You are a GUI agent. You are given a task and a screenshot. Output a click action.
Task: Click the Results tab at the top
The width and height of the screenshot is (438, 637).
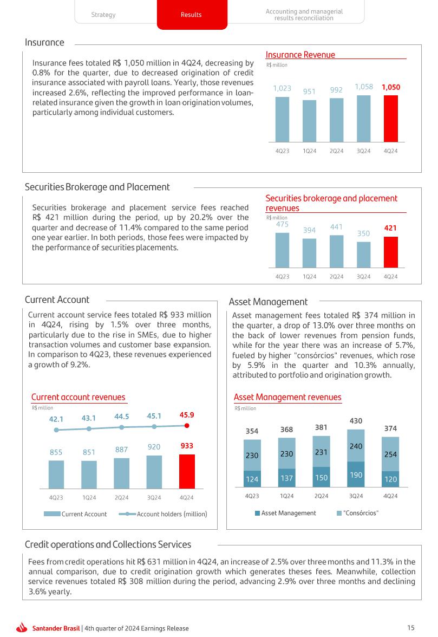pos(191,15)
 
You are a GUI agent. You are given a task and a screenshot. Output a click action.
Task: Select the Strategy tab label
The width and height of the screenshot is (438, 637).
pos(103,15)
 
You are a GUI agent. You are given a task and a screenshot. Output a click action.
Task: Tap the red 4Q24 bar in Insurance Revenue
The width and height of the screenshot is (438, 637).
pos(390,118)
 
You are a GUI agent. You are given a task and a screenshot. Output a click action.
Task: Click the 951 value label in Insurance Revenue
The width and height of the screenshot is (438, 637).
pos(309,92)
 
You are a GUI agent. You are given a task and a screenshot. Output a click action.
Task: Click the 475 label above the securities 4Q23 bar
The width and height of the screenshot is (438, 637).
pos(282,224)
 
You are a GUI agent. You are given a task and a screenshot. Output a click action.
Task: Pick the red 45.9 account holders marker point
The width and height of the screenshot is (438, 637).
pos(187,426)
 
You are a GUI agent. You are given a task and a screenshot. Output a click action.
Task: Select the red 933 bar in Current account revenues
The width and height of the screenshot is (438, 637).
pos(187,471)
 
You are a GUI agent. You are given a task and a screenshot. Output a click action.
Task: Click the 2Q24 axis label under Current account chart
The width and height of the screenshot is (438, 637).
pos(121,497)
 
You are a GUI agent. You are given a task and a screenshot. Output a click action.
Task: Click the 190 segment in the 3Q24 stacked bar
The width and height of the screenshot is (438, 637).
pos(356,475)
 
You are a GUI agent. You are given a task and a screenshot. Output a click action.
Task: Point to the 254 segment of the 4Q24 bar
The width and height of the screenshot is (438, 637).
pos(390,454)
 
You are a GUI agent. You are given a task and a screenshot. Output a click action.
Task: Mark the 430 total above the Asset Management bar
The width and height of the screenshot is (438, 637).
pos(356,420)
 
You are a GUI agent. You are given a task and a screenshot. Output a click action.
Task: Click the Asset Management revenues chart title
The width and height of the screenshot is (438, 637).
pos(287,397)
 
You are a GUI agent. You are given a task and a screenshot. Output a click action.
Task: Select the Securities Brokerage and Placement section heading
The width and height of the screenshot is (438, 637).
pos(97,187)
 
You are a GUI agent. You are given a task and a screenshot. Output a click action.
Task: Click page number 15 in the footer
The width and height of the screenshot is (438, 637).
pos(411,628)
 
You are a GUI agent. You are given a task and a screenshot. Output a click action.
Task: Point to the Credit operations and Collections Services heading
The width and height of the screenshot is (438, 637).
pos(108,544)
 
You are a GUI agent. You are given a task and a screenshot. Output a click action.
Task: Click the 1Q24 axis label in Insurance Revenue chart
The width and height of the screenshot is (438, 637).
pos(309,151)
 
